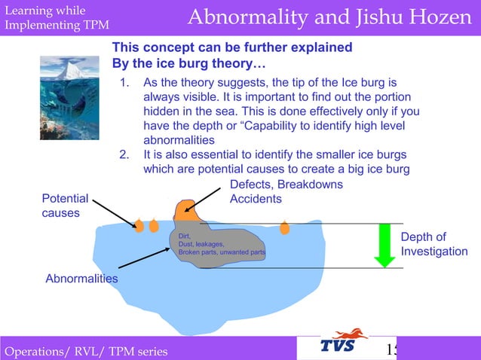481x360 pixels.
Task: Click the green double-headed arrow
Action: click(x=384, y=246)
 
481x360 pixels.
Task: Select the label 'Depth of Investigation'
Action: click(x=434, y=244)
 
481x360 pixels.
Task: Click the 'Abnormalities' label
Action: click(x=81, y=279)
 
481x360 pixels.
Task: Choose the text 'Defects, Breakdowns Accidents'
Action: click(x=286, y=191)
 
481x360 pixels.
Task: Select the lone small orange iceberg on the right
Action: click(x=284, y=227)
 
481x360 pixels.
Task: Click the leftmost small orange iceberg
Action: click(x=139, y=225)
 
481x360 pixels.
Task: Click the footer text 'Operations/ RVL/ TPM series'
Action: click(x=86, y=351)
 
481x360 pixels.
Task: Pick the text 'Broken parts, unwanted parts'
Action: click(x=221, y=252)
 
